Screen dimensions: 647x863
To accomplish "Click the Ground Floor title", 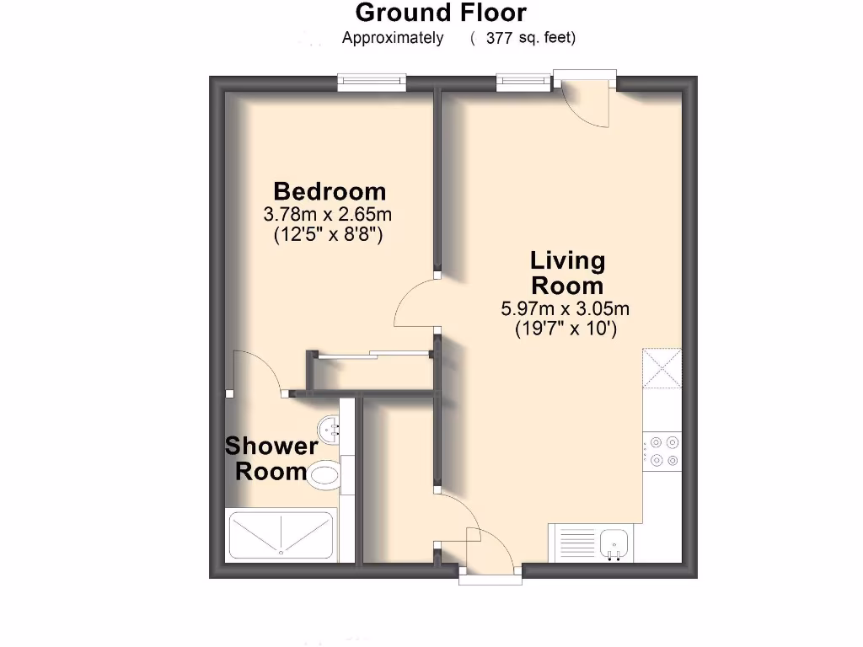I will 441,13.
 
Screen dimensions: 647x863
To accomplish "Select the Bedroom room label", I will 329,191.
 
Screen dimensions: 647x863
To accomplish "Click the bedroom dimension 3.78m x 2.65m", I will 329,214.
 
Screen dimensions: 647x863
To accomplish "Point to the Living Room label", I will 566,272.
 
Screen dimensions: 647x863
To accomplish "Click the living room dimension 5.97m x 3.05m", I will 566,309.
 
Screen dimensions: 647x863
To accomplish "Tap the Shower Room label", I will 271,458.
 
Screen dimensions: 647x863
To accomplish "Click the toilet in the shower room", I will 325,475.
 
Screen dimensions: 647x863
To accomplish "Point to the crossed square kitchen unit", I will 662,368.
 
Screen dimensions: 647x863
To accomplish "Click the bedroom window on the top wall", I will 372,82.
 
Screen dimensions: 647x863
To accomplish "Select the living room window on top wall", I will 520,82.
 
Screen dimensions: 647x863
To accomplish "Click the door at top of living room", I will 585,103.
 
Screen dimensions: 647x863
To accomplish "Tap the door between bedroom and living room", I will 415,306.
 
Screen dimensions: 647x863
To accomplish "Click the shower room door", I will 257,372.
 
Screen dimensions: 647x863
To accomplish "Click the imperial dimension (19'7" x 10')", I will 566,329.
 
